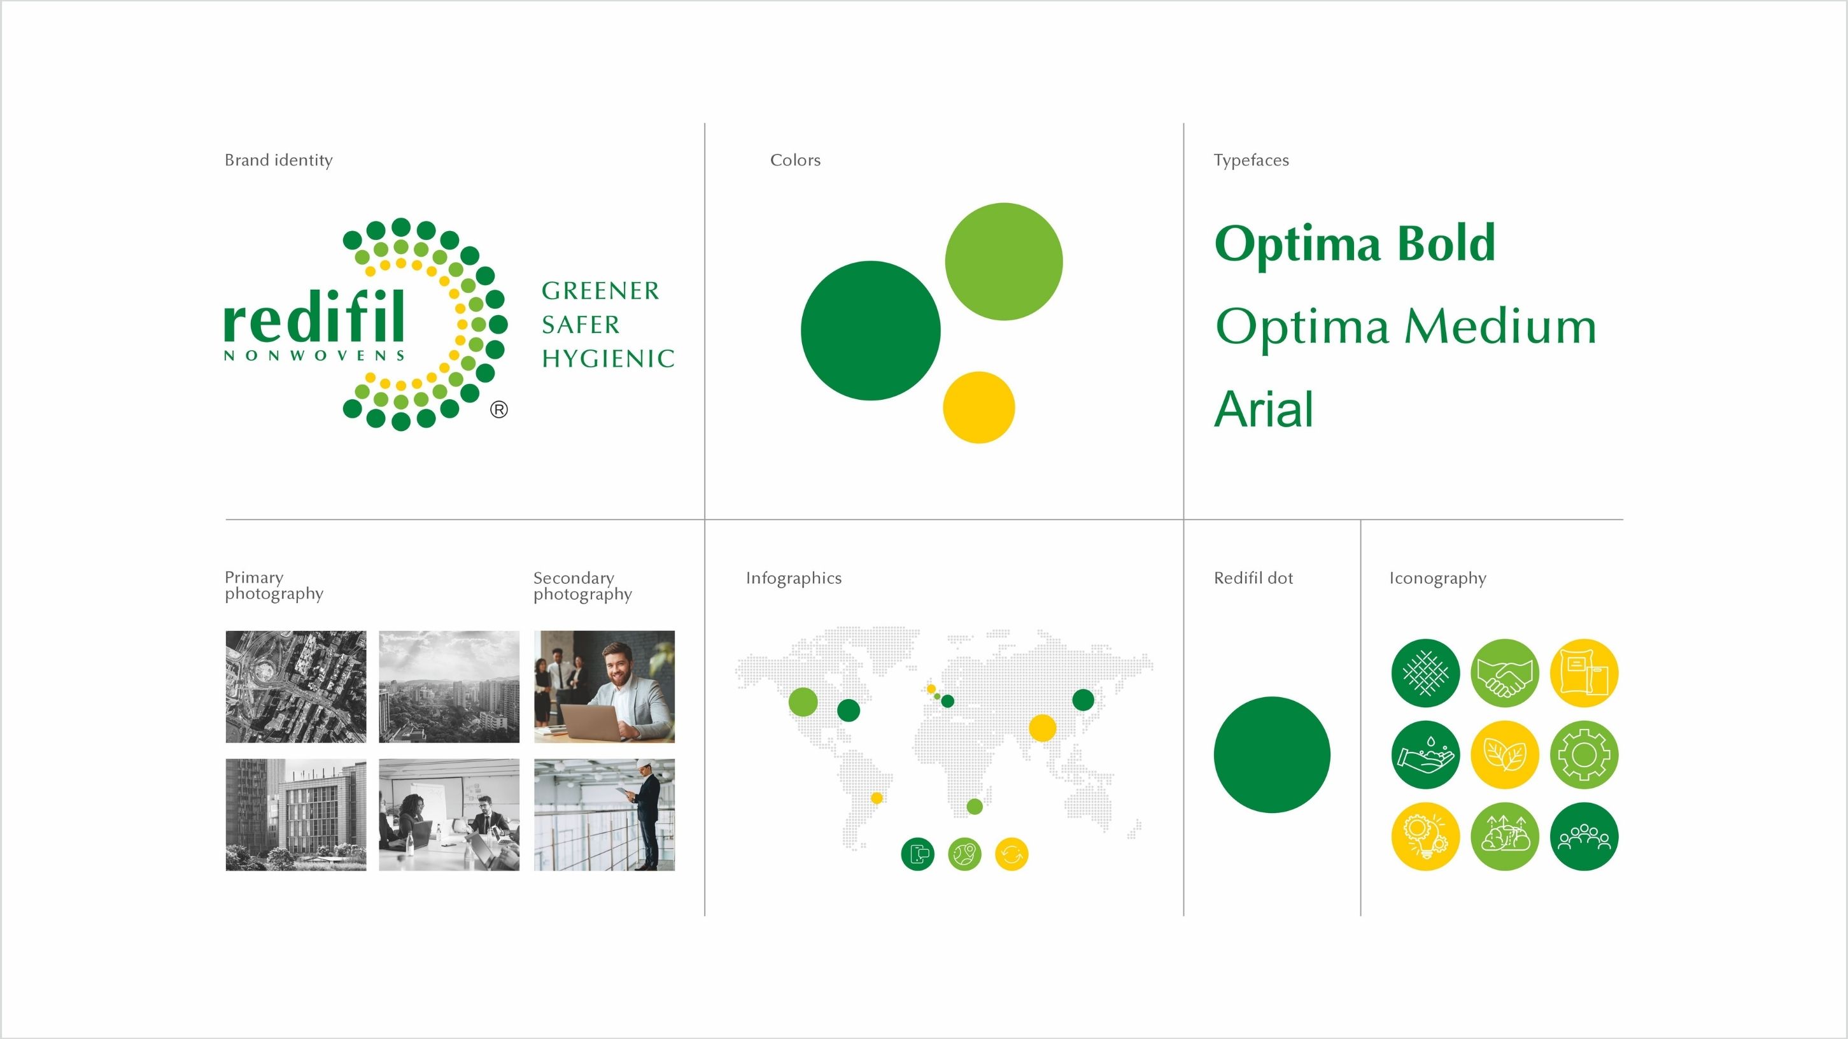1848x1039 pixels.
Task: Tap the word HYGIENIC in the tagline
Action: point(609,358)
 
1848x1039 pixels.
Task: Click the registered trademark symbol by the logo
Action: point(499,410)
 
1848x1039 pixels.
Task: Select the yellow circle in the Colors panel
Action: point(978,407)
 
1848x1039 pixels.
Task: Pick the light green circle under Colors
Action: point(1004,261)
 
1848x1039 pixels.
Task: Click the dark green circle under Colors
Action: point(870,330)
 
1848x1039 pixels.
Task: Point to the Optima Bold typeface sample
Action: point(1355,244)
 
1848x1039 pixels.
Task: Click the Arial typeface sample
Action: point(1264,409)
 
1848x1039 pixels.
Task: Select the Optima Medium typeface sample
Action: point(1406,327)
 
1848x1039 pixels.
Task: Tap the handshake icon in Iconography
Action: point(1505,673)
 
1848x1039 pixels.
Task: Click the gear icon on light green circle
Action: point(1584,755)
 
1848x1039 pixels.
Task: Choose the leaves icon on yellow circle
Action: point(1505,755)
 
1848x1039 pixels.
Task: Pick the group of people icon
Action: point(1584,837)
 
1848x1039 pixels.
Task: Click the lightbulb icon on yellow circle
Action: point(1425,837)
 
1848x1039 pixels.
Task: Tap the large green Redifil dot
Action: point(1272,755)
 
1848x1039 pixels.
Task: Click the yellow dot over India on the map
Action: point(1042,728)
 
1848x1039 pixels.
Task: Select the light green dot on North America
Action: point(803,702)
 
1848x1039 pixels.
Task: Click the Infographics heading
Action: point(793,578)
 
